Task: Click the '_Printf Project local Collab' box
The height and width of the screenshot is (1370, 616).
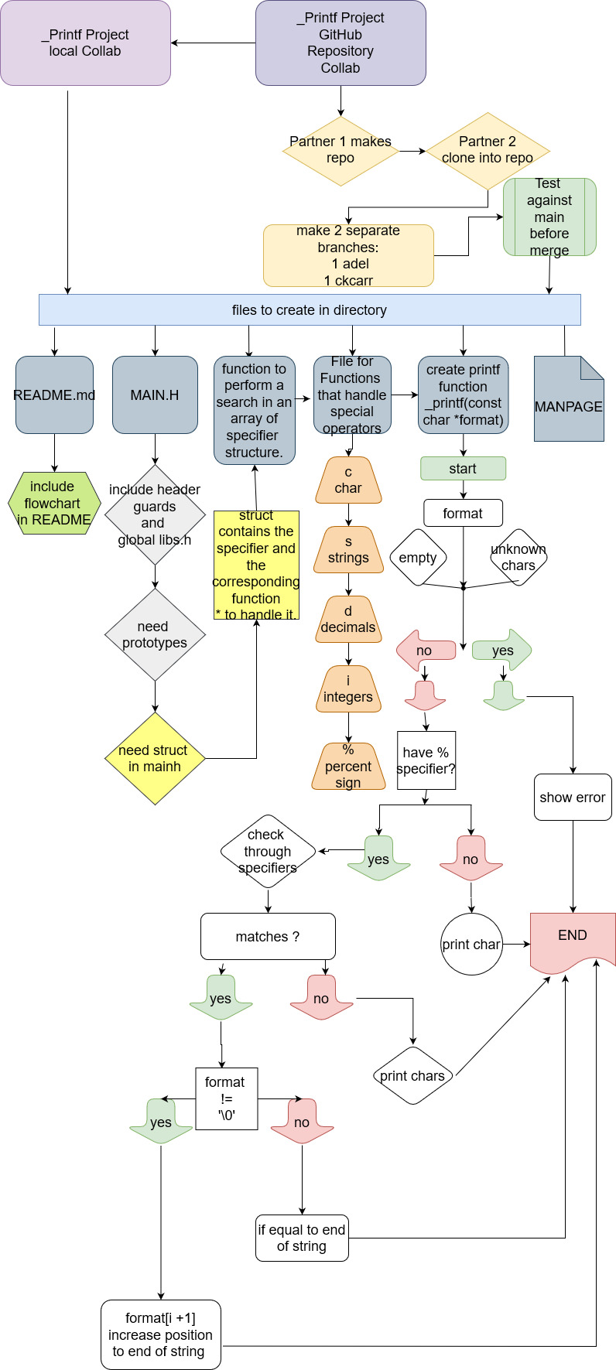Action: pos(85,43)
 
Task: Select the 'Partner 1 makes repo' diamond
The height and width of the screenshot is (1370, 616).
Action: pos(341,151)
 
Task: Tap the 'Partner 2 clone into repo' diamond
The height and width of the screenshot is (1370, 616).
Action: pos(488,151)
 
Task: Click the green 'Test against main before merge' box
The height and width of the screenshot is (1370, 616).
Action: pos(549,217)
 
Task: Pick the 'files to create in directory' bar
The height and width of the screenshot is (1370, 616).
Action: pos(310,309)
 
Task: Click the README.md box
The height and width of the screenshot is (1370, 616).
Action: pos(54,395)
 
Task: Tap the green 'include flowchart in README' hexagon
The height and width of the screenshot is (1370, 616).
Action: pos(54,503)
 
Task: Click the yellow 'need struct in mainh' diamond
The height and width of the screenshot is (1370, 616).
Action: pos(155,758)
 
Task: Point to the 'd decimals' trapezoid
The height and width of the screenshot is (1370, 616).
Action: pos(348,620)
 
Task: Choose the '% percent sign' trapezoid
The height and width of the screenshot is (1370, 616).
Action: pos(348,767)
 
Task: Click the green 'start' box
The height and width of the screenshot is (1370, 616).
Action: pos(463,468)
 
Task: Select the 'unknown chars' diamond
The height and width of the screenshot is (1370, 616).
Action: pos(518,557)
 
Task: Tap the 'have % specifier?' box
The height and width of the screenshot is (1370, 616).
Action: pos(426,760)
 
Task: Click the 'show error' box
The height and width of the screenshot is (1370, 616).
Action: pos(573,797)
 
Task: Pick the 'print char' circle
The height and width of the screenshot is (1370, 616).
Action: pos(471,944)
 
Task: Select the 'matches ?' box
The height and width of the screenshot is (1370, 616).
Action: pos(268,936)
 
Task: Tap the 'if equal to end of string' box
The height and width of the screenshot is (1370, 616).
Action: pos(302,1238)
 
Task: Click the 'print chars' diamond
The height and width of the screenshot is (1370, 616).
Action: pos(412,1075)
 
